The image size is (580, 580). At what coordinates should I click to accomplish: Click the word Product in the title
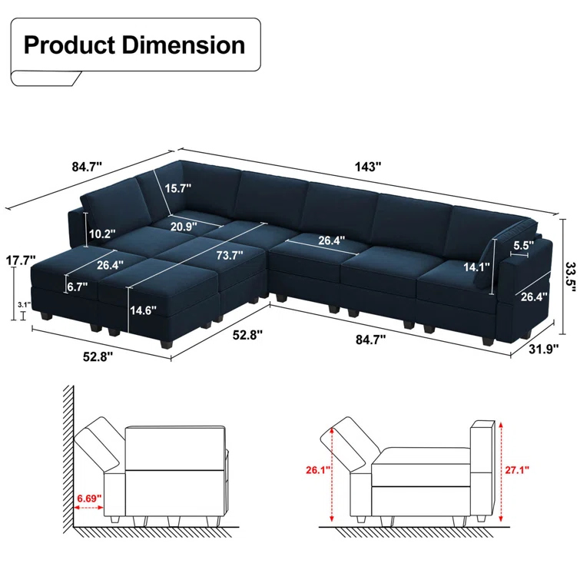click(x=70, y=45)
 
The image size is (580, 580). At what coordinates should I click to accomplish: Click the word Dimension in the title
click(x=184, y=45)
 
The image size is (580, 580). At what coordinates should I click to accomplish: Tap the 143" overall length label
click(x=368, y=167)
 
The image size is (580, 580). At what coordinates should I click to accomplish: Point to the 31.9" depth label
click(x=543, y=349)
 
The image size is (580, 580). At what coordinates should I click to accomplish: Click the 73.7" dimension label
click(x=230, y=255)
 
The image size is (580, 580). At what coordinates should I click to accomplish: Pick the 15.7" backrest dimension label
click(x=178, y=188)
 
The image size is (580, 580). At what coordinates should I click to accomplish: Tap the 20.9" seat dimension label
click(x=184, y=226)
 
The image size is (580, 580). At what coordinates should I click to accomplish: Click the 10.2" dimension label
click(x=102, y=234)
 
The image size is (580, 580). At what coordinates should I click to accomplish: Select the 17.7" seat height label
click(x=21, y=260)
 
